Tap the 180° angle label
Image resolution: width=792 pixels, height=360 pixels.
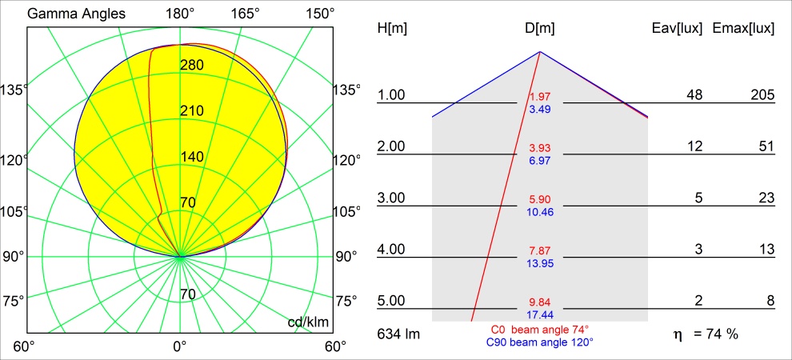(180, 14)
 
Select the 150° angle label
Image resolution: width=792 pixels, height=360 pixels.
(320, 14)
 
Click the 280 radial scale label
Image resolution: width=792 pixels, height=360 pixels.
(192, 65)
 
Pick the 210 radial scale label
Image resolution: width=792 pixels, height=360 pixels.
(192, 110)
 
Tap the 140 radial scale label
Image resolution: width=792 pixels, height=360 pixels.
(192, 157)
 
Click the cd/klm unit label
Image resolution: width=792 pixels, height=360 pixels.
(307, 322)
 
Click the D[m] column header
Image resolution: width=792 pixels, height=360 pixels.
(540, 29)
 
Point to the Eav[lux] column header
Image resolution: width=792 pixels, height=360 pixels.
(678, 29)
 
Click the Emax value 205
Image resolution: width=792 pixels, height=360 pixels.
(762, 95)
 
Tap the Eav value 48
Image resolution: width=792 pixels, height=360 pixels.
(694, 95)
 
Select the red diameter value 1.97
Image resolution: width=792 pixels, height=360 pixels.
(540, 98)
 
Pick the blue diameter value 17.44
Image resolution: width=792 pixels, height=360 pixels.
(540, 314)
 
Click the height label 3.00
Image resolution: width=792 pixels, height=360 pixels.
(391, 198)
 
